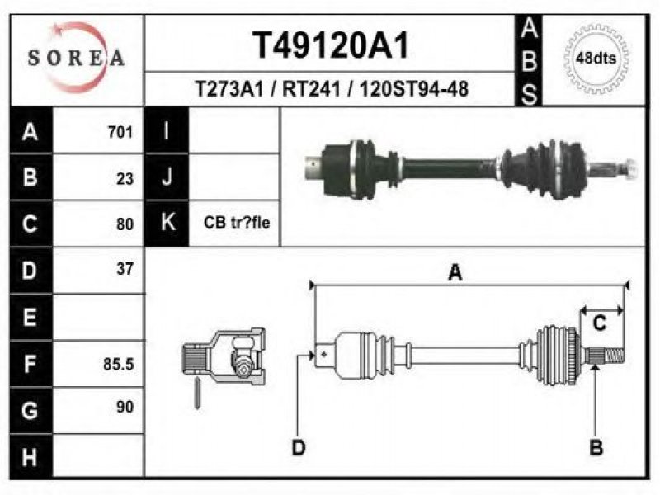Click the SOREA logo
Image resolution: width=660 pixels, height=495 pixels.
pyautogui.click(x=76, y=58)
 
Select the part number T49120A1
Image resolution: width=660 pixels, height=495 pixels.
pyautogui.click(x=331, y=45)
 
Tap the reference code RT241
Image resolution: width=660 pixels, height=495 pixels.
pyautogui.click(x=311, y=89)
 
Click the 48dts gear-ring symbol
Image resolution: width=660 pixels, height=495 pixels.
pyautogui.click(x=596, y=59)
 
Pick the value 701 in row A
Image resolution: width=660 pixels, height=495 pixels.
pyautogui.click(x=120, y=132)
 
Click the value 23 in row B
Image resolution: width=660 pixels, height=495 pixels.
pyautogui.click(x=125, y=179)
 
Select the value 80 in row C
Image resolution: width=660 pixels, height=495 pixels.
pyautogui.click(x=125, y=224)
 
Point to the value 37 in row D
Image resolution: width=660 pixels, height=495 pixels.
pyautogui.click(x=125, y=269)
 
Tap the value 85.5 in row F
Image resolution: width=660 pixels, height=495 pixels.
pyautogui.click(x=118, y=364)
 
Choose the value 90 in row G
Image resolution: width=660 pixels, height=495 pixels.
pyautogui.click(x=125, y=407)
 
